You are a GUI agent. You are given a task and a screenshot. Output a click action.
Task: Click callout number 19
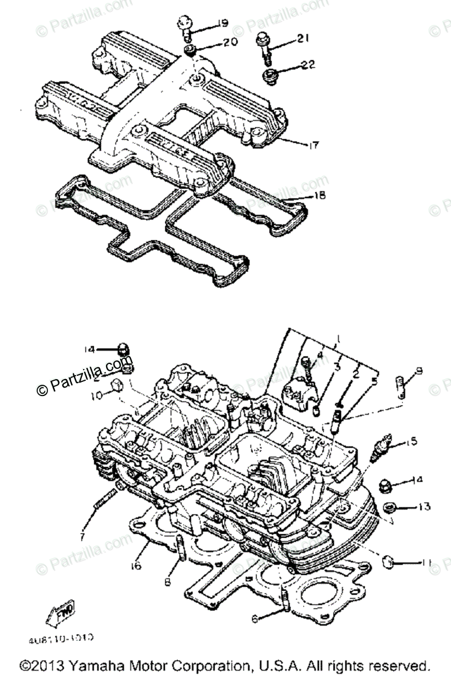coord(221,24)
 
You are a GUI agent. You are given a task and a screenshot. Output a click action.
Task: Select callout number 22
coord(308,65)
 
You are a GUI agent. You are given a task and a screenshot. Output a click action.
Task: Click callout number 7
coord(84,537)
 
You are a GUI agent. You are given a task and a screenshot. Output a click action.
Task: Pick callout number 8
coord(167,581)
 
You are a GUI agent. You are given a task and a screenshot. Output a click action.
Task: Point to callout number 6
coord(255,619)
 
